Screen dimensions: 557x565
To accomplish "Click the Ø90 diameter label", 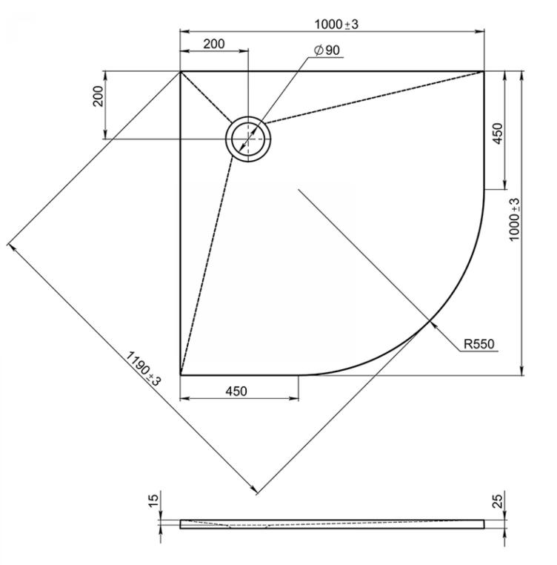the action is pos(327,50).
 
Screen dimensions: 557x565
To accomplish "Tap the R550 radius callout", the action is pos(479,344).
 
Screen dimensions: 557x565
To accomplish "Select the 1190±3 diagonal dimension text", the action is pos(143,369).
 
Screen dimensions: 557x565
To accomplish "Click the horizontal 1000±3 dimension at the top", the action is pos(337,24).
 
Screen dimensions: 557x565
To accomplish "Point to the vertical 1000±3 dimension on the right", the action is pos(515,219).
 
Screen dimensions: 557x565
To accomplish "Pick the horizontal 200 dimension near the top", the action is pos(214,44).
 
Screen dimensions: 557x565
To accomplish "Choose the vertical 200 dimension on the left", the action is pos(99,96).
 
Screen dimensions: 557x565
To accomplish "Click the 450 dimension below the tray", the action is pos(236,391).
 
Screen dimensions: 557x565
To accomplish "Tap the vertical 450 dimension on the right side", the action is pos(497,133).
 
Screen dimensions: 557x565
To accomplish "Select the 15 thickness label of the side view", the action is pos(153,500).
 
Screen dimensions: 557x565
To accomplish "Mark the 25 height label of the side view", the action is pos(497,500).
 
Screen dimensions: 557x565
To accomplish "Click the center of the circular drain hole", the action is pos(248,139).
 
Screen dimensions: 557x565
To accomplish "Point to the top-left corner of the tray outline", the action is pos(180,71).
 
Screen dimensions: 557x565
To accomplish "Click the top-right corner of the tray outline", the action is pos(484,71).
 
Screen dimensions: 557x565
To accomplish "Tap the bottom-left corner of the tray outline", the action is pos(180,375).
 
